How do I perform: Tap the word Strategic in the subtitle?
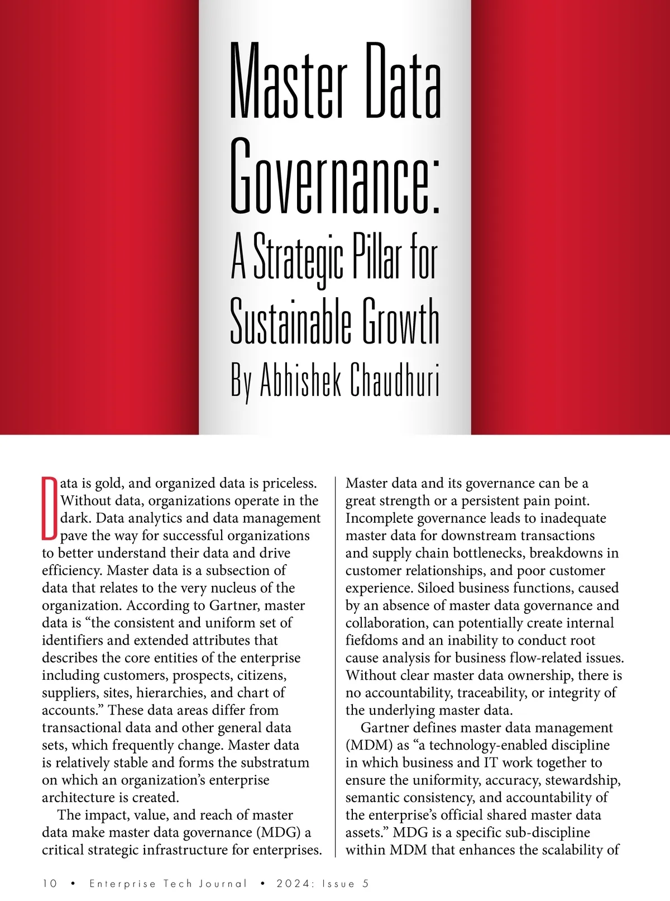tap(298, 260)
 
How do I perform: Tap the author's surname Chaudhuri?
tap(394, 380)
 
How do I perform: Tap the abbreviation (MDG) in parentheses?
tap(279, 832)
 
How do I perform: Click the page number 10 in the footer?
tap(50, 884)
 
